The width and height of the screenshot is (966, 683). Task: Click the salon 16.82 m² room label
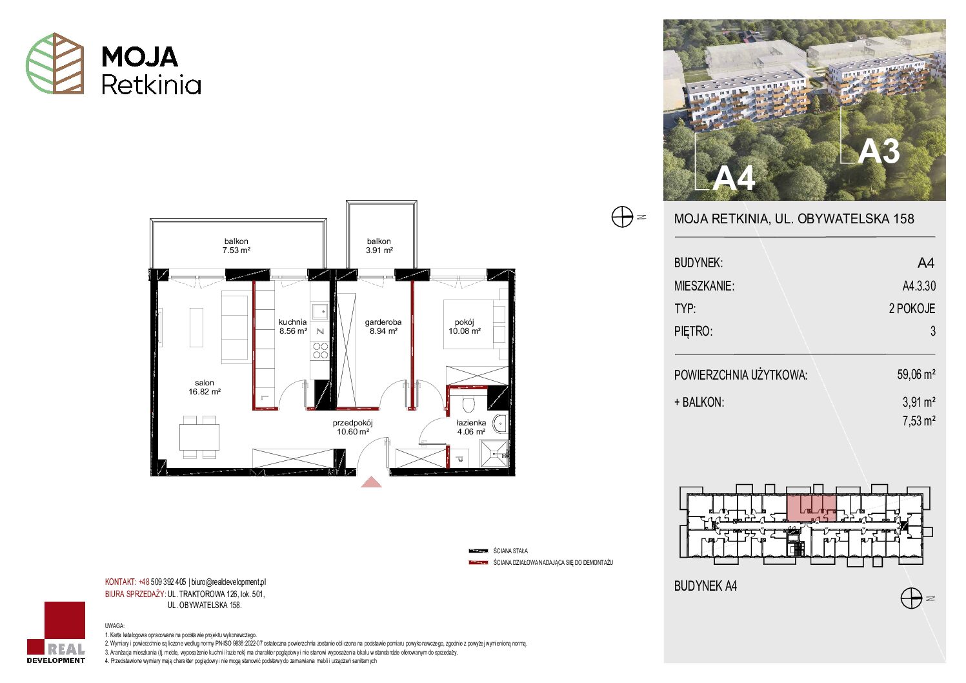pos(205,387)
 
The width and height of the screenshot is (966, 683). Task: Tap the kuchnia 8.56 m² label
pos(293,326)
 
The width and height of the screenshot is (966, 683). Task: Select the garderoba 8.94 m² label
pos(383,326)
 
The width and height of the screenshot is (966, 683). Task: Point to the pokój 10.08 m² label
pos(465,326)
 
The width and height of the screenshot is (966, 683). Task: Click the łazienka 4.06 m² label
pos(471,427)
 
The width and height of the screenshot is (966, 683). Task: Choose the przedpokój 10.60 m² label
pos(353,427)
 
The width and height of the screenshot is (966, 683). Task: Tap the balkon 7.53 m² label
pos(236,245)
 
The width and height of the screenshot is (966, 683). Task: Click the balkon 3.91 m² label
pos(379,245)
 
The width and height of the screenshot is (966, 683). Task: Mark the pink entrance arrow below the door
pos(371,482)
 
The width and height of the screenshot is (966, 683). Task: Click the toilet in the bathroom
pos(468,403)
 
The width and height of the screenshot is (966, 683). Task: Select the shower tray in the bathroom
pos(494,453)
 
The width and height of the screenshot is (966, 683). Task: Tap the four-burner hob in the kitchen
pos(321,350)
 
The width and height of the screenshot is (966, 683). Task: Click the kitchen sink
pos(321,311)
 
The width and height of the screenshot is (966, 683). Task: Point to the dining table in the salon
pos(199,437)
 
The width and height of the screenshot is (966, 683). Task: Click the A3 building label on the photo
pos(878,152)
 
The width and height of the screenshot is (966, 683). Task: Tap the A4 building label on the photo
pos(734,178)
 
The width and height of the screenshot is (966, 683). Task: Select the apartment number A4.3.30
pos(919,285)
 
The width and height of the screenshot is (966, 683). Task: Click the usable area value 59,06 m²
pos(916,374)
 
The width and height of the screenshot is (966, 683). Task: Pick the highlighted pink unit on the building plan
pos(812,508)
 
